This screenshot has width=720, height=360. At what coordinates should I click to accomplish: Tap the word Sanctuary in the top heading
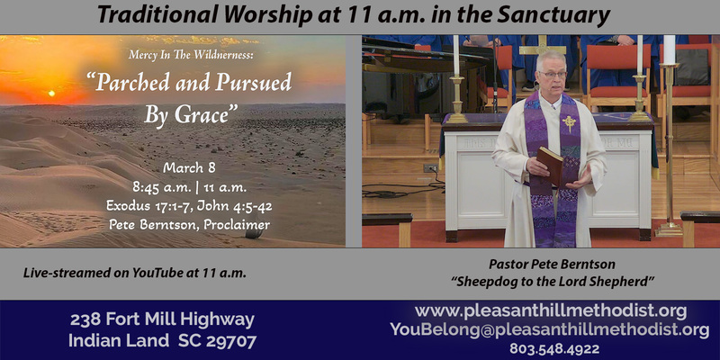557,15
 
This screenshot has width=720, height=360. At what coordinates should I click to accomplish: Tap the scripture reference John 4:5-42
237,204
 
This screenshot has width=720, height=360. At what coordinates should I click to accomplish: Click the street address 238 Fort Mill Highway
162,319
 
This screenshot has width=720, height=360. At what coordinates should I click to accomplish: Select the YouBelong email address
549,329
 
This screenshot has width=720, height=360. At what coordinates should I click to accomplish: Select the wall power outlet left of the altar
431,168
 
